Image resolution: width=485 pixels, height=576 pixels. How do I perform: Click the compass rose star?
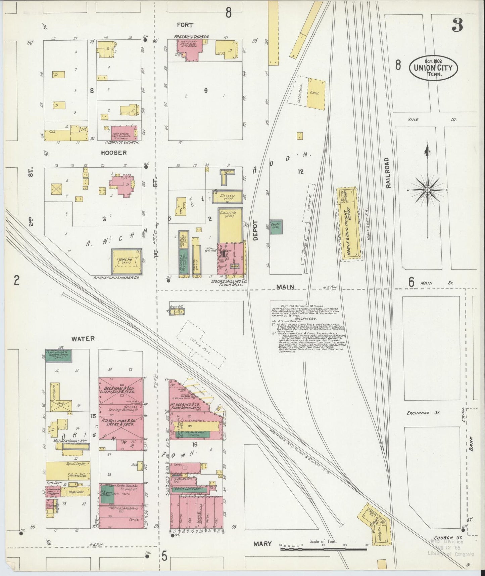point(427,190)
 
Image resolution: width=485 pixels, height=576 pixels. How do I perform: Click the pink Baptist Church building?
point(124,133)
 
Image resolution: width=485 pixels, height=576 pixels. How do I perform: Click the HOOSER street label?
point(114,153)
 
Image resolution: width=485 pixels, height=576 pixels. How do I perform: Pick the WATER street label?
point(83,339)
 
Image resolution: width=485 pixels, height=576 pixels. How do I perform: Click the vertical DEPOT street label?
point(255,230)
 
